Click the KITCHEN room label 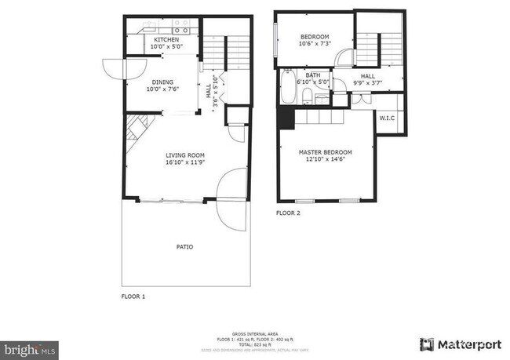pos(166,40)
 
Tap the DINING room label pos(163,81)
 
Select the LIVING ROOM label pos(185,155)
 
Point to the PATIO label pos(184,246)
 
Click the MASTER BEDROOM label pos(325,152)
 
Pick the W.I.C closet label pos(387,118)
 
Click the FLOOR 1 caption pos(133,296)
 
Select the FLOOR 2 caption pos(288,213)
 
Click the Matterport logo pos(458,344)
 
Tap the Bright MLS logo pos(30,346)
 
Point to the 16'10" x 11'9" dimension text pos(185,163)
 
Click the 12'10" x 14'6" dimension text pos(325,160)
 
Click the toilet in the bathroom pos(308,97)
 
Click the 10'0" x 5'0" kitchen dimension pos(166,47)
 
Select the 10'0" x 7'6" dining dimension pos(163,89)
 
